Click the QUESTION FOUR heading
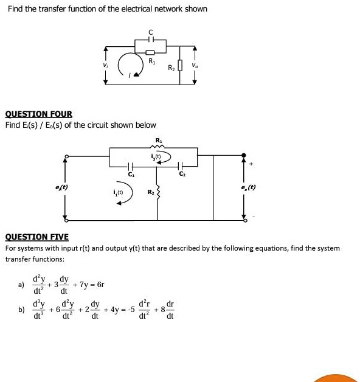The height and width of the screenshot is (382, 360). click(38, 114)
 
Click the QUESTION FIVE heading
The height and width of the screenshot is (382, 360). click(36, 237)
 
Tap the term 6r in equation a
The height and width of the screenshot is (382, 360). click(100, 284)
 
